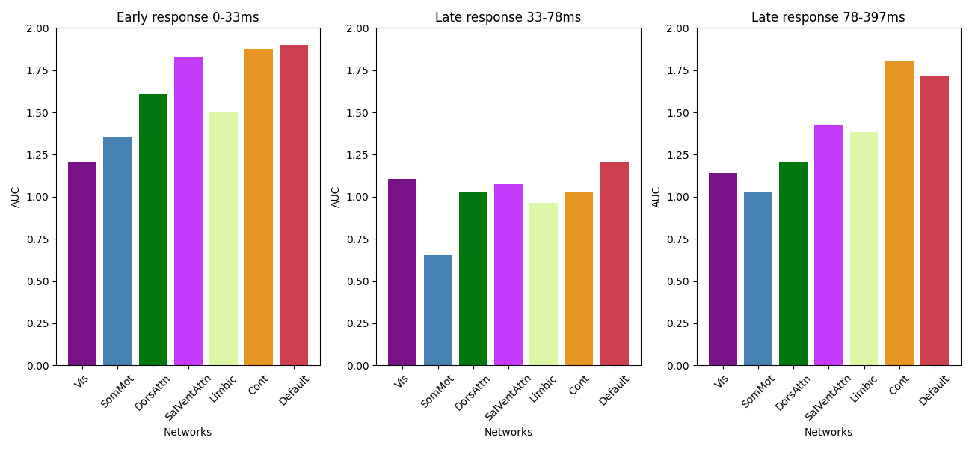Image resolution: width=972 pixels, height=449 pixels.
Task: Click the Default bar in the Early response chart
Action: (294, 206)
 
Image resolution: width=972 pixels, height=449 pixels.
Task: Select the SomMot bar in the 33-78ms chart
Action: (437, 311)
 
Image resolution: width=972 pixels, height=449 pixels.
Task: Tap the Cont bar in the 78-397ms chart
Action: (899, 213)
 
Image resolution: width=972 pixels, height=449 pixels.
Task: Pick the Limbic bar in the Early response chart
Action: (224, 239)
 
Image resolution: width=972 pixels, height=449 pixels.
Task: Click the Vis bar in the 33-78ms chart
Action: (402, 272)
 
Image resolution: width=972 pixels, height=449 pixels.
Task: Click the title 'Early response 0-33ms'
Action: (188, 17)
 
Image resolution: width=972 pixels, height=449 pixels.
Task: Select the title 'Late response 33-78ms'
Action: (508, 17)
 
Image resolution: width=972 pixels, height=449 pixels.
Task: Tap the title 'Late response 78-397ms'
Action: (828, 17)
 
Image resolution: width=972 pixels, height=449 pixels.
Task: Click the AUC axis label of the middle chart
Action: (336, 197)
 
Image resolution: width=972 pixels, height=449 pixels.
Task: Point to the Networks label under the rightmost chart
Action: (828, 432)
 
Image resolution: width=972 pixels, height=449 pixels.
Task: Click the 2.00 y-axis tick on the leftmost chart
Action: (38, 28)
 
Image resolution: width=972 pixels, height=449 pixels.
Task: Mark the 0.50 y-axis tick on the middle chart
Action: (358, 281)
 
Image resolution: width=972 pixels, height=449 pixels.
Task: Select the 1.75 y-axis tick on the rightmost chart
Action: (679, 70)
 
